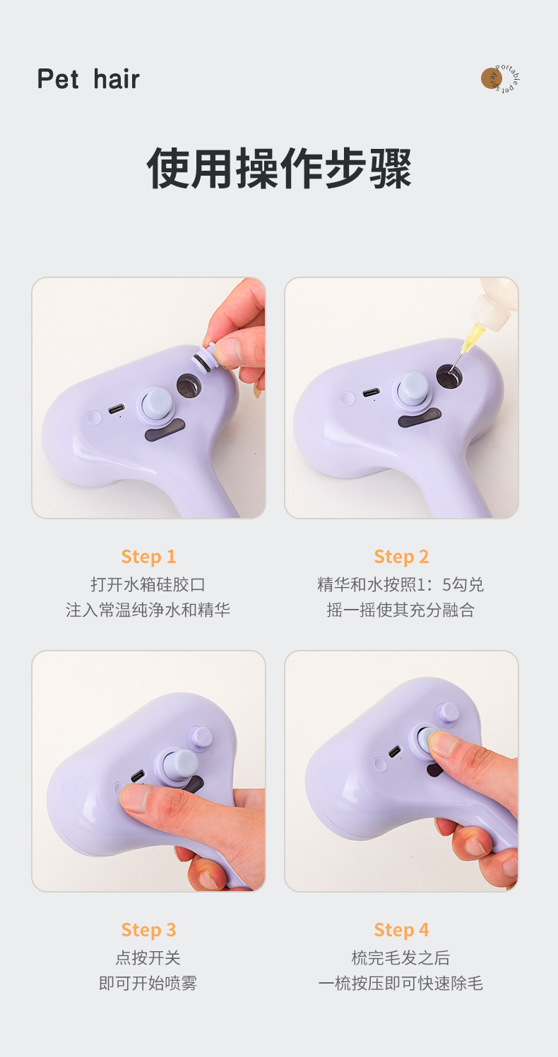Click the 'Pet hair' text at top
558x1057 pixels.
[x=88, y=79]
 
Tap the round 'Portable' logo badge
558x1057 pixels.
[x=500, y=79]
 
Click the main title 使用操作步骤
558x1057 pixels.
[x=279, y=169]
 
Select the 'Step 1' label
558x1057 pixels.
[x=148, y=557]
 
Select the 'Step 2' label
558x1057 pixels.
[x=401, y=557]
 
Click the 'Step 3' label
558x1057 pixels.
[x=148, y=930]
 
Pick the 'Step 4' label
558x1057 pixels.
[x=401, y=930]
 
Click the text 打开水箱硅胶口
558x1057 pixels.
[x=148, y=585]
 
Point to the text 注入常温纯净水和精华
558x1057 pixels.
[x=148, y=610]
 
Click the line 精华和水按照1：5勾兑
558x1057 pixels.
[x=401, y=585]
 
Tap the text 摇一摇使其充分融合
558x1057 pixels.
[x=401, y=610]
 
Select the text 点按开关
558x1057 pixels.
[x=148, y=958]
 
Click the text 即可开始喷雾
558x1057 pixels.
[x=148, y=983]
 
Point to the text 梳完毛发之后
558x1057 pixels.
[x=401, y=958]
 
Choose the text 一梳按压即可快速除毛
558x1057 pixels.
[x=401, y=983]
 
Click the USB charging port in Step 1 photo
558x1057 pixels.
[x=117, y=409]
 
